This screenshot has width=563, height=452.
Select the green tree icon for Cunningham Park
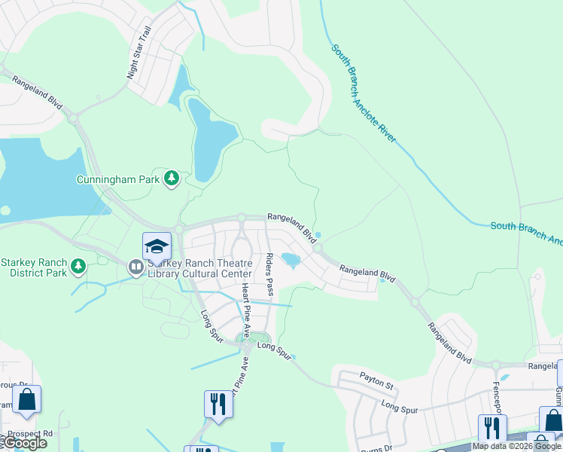pyautogui.click(x=172, y=178)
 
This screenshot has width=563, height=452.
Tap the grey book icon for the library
pyautogui.click(x=135, y=267)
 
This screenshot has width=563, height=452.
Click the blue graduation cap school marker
pyautogui.click(x=157, y=246)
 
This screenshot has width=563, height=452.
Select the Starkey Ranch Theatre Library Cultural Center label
pyautogui.click(x=192, y=267)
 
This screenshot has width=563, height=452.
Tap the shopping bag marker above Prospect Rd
pyautogui.click(x=27, y=401)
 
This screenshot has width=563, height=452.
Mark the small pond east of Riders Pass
pyautogui.click(x=291, y=261)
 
